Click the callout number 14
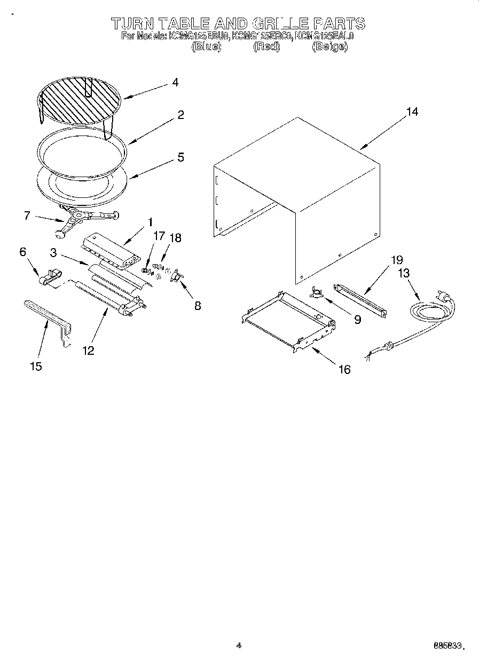[412, 112]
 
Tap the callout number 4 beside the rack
[175, 83]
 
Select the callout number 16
[344, 369]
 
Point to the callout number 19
[396, 260]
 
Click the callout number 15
[36, 367]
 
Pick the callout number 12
[88, 350]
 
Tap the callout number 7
[27, 216]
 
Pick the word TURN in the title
[132, 23]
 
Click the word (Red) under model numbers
[266, 46]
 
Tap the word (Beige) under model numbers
[329, 46]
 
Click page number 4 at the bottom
[239, 645]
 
